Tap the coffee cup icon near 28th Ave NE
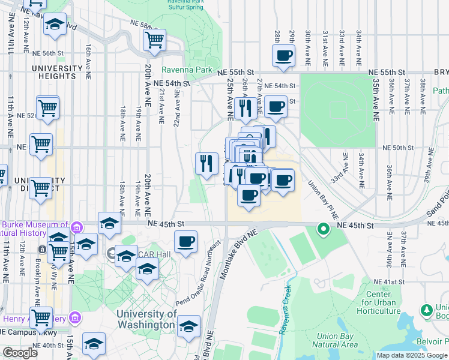(x=283, y=56)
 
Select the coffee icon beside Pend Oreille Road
(x=185, y=242)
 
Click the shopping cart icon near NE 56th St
(x=154, y=40)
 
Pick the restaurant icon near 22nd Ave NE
(x=206, y=162)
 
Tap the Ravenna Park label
(x=187, y=70)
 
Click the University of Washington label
(x=146, y=319)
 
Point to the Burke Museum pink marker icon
(x=76, y=227)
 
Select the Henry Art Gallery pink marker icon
(x=74, y=317)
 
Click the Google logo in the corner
(x=20, y=353)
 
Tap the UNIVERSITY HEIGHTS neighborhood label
(x=62, y=72)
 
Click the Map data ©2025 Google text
(x=412, y=355)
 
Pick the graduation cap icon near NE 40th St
(x=94, y=344)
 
